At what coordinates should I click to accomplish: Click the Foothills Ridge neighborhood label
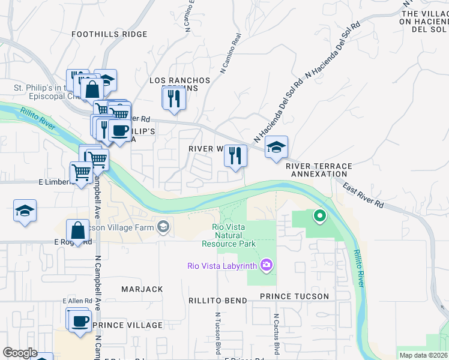pyautogui.click(x=109, y=34)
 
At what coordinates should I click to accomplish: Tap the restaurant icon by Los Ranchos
pyautogui.click(x=174, y=98)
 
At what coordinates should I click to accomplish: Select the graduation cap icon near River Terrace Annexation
pyautogui.click(x=276, y=147)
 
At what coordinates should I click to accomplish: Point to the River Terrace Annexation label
pyautogui.click(x=319, y=170)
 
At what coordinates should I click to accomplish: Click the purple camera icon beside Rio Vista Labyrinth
pyautogui.click(x=267, y=265)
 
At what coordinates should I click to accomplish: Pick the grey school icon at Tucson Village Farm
pyautogui.click(x=163, y=226)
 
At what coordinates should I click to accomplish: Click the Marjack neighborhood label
pyautogui.click(x=142, y=289)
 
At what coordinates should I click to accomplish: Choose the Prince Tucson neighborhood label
pyautogui.click(x=294, y=296)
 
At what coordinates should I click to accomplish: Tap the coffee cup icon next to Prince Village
pyautogui.click(x=79, y=320)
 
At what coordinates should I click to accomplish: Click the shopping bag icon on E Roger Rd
pyautogui.click(x=79, y=230)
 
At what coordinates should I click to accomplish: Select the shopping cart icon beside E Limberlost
pyautogui.click(x=82, y=172)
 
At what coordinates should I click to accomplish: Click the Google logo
pyautogui.click(x=20, y=352)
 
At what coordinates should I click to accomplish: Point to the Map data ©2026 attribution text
pyautogui.click(x=423, y=355)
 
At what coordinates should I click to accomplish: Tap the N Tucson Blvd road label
pyautogui.click(x=217, y=333)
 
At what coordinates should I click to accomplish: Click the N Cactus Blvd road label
pyautogui.click(x=276, y=333)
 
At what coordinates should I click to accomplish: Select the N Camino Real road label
pyautogui.click(x=231, y=53)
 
